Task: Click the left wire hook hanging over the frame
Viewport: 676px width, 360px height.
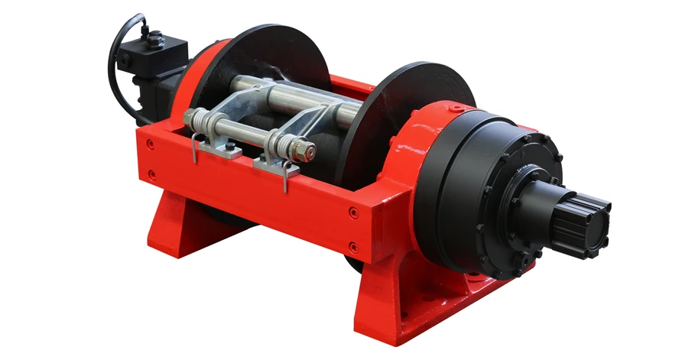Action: point(197,148)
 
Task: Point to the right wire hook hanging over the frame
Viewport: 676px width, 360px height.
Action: point(286,177)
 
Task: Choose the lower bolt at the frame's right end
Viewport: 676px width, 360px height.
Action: point(353,246)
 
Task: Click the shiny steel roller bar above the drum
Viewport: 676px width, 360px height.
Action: point(306,96)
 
